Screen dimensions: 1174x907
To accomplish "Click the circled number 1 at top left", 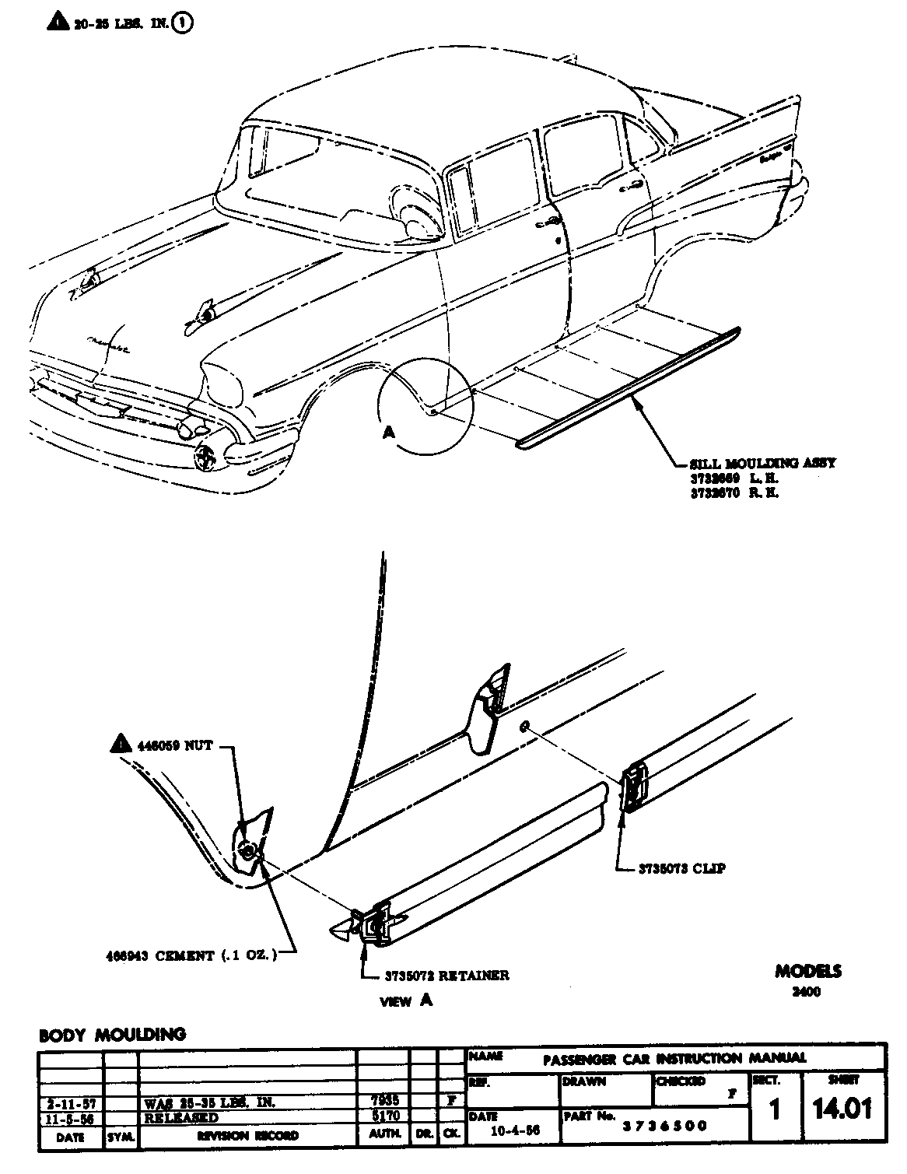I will (x=184, y=23).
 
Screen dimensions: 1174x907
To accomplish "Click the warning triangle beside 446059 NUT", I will (x=120, y=745).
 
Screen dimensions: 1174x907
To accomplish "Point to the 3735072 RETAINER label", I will (x=446, y=975).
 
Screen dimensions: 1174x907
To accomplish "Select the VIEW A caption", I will (x=406, y=1001).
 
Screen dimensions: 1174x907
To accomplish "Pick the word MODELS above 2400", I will (x=807, y=972).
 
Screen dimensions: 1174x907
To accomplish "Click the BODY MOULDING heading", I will (x=113, y=1035).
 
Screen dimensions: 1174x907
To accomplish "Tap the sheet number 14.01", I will (x=842, y=1109).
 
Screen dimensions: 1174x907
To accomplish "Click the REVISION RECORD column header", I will (x=247, y=1137).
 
